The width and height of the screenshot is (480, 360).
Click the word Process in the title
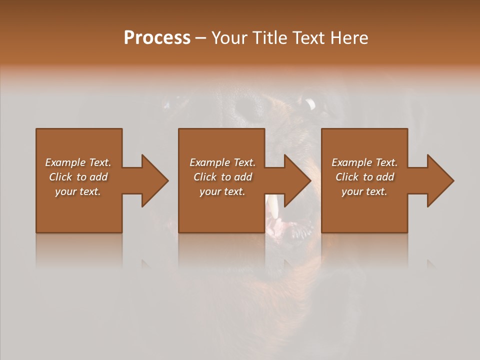coord(157,38)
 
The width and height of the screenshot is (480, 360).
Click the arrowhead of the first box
coord(152,180)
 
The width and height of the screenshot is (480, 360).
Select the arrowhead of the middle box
coord(295,180)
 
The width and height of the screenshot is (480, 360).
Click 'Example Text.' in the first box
coord(78,162)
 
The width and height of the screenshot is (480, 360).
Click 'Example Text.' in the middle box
coord(222,162)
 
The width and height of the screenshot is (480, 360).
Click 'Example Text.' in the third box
coord(364,162)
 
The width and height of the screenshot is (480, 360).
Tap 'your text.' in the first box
coord(78,191)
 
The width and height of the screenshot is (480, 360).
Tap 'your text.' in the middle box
coord(222,191)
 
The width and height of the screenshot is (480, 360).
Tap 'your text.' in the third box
coord(364,191)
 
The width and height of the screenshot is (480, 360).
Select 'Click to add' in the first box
coord(78,177)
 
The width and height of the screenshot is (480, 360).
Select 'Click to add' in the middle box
coord(222,177)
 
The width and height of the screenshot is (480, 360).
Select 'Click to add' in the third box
coord(364,177)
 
